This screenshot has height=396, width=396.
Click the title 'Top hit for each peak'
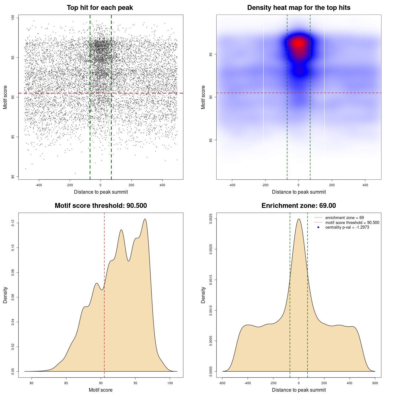[100, 8]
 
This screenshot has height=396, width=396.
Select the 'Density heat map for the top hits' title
[299, 8]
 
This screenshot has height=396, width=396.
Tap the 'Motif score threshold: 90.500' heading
[101, 206]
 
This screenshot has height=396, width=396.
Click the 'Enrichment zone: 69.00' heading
[299, 206]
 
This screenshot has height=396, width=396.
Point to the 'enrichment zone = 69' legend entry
[344, 218]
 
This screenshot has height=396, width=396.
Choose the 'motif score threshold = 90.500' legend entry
[352, 222]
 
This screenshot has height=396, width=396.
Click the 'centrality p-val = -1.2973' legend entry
[347, 227]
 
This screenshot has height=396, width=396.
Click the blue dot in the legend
[318, 227]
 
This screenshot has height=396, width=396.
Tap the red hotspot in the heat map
[298, 43]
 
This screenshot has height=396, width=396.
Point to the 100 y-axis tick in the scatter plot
[13, 18]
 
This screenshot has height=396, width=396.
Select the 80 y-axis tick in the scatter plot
[13, 177]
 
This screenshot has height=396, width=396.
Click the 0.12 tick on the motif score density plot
[13, 223]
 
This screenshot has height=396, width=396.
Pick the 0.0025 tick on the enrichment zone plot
[211, 219]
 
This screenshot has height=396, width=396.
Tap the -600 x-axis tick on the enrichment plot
[222, 383]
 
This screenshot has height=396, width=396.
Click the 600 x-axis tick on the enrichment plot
[375, 383]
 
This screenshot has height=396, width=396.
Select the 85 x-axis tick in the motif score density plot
[66, 383]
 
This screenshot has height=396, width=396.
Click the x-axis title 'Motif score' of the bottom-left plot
[101, 390]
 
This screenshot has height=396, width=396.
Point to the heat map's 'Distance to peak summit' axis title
[299, 192]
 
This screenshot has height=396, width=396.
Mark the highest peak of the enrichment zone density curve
[299, 219]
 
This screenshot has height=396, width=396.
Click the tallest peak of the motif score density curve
[144, 219]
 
